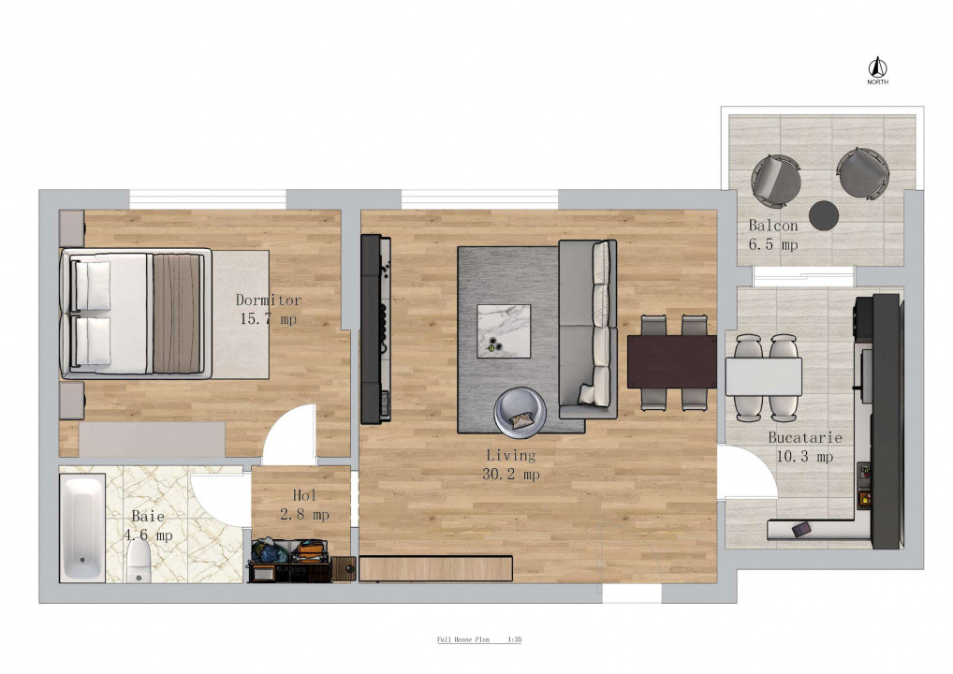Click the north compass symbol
(x=877, y=68)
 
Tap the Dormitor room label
(x=268, y=300)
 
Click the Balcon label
(x=773, y=226)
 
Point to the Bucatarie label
(x=805, y=437)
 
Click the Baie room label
(x=148, y=516)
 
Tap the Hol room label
(x=305, y=495)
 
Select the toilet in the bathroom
(x=139, y=561)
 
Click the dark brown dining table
(x=672, y=360)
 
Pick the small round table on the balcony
(x=824, y=215)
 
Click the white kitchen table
(x=763, y=376)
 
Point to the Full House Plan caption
(x=463, y=640)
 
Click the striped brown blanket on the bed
(x=177, y=314)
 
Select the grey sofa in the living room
(x=587, y=328)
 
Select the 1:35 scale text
(x=514, y=640)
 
